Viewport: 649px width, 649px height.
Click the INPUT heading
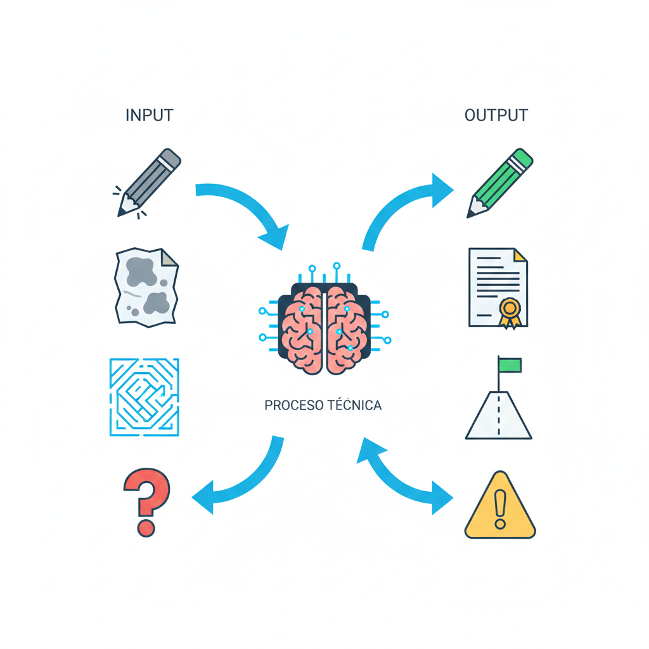(149, 115)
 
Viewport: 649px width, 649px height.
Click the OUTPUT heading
(496, 115)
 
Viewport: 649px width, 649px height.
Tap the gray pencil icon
(150, 182)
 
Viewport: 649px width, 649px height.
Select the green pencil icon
(500, 183)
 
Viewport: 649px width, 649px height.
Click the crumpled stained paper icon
(146, 287)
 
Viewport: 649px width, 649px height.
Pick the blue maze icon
(145, 397)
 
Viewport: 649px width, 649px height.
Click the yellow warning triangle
(500, 507)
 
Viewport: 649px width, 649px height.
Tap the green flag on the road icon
(510, 365)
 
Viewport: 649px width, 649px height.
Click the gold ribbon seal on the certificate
(510, 311)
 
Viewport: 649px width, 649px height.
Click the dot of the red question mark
(146, 527)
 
